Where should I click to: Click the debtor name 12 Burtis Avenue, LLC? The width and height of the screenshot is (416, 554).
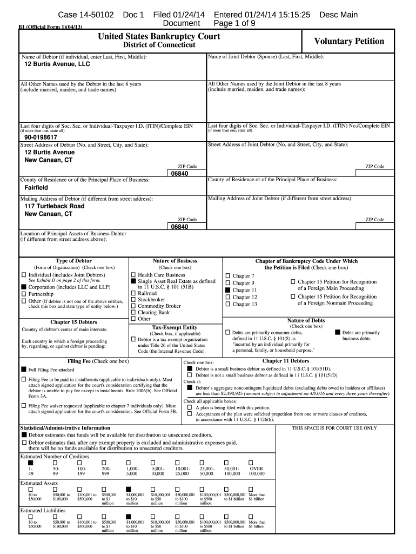57,64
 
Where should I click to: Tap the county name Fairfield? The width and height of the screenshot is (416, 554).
36,187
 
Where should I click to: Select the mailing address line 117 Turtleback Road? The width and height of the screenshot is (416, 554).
55,206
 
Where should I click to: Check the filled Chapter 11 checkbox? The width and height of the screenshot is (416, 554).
227,290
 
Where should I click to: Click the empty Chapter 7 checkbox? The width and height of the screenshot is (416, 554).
227,276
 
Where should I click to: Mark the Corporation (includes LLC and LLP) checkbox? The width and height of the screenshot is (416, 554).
23,287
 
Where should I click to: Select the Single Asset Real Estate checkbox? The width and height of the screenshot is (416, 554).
133,281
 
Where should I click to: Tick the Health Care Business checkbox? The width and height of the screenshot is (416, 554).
133,275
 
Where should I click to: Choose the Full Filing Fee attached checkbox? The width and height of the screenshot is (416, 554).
23,370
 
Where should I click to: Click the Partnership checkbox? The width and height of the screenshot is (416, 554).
23,294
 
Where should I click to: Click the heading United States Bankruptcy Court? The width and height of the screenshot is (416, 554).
159,37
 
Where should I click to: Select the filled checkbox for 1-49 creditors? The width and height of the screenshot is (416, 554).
30,463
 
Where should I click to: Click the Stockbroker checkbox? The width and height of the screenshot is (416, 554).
133,299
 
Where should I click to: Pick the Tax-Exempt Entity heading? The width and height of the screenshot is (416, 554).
175,327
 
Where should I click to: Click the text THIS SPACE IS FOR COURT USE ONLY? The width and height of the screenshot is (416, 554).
334,428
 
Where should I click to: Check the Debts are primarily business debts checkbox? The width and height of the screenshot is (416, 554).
338,332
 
